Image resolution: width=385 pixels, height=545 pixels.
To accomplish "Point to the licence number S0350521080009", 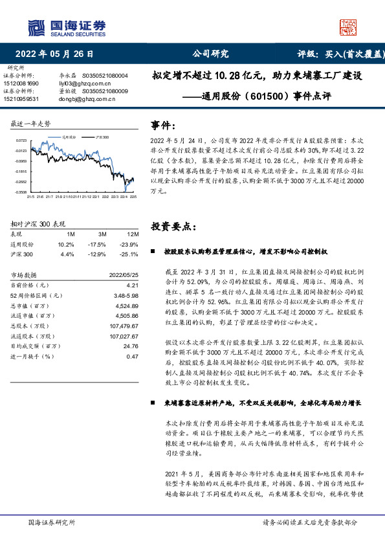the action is click(105, 91).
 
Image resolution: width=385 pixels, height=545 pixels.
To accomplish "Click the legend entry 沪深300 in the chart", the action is click(102, 138).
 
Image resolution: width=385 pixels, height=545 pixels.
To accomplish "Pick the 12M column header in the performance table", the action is click(133, 234).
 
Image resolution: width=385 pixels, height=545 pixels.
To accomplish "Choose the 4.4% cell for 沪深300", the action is click(67, 254).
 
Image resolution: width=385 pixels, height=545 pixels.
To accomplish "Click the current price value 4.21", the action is click(133, 285).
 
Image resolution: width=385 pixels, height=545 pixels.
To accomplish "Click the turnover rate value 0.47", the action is click(133, 355).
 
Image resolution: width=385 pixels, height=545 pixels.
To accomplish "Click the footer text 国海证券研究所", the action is click(52, 522).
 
